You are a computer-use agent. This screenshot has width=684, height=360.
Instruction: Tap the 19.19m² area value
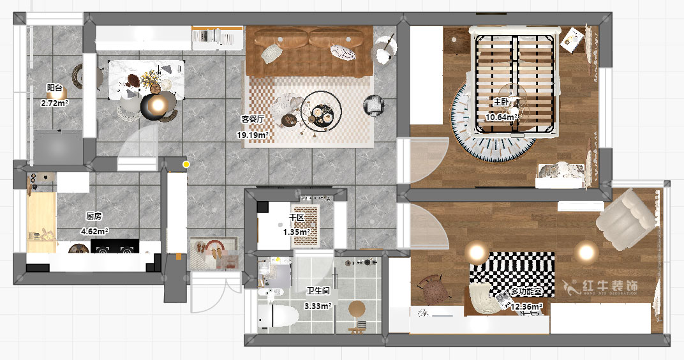click(253, 135)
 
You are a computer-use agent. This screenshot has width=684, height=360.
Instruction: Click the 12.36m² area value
click(527, 307)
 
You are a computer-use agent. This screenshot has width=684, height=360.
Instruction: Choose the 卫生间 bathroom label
click(318, 291)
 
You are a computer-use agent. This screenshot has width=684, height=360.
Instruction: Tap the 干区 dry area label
click(296, 217)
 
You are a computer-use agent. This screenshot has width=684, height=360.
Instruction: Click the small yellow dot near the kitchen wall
click(186, 165)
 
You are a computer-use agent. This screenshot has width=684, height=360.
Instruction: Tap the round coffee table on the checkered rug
click(321, 112)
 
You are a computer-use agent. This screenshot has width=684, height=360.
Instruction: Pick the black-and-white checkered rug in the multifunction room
click(512, 274)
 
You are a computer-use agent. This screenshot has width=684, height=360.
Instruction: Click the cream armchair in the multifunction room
click(625, 219)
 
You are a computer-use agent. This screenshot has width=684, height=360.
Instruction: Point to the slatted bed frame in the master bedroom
click(515, 81)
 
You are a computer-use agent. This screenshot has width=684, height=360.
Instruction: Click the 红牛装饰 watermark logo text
click(611, 286)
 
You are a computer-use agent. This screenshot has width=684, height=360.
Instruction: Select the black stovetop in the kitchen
click(115, 246)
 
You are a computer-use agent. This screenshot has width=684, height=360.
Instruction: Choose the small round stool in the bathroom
click(357, 309)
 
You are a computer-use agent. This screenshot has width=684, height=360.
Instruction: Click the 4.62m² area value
click(94, 231)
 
